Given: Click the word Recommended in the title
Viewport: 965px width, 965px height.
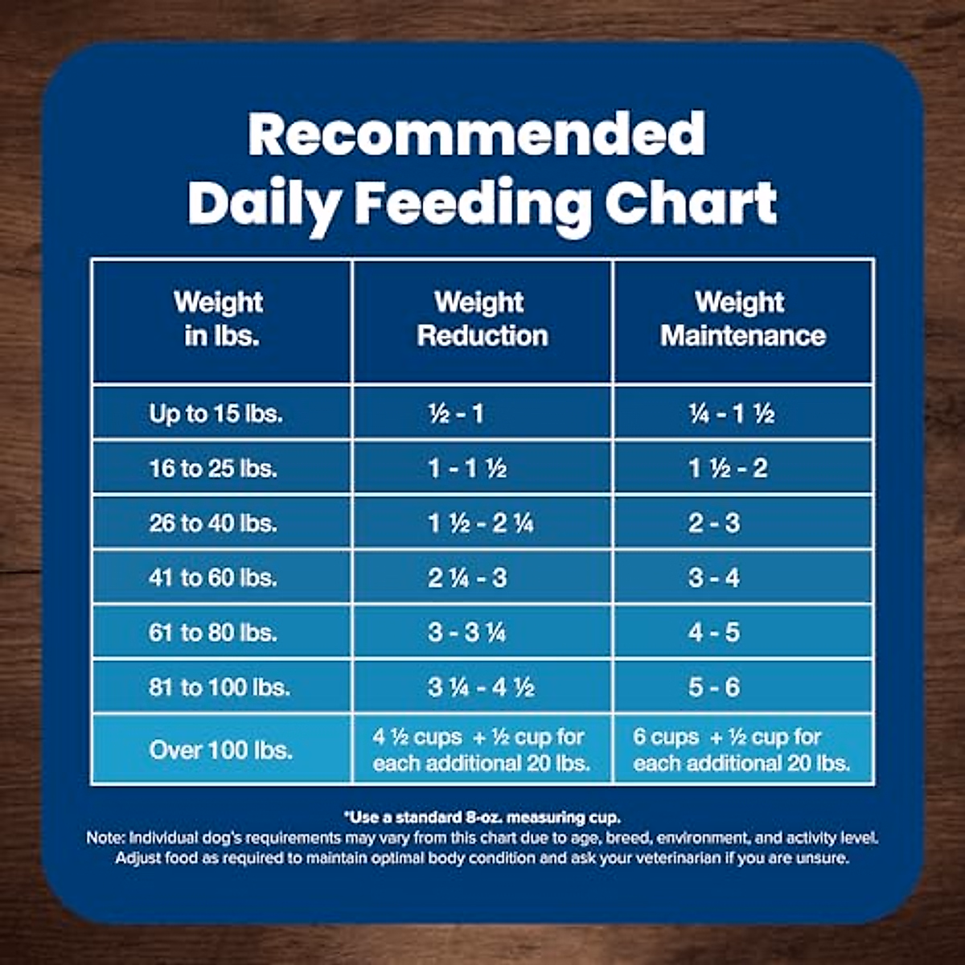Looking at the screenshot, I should coord(476,134).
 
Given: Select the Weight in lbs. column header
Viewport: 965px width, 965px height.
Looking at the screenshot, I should coord(219,319).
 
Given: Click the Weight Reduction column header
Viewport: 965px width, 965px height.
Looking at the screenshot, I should coord(482,319).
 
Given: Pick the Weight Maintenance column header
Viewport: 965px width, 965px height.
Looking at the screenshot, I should coord(742,319).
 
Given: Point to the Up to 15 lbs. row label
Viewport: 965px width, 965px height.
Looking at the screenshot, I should coord(216,414).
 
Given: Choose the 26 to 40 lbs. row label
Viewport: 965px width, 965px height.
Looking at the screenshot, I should coord(213,524).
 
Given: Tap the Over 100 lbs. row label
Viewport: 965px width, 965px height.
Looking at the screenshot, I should coord(220,750).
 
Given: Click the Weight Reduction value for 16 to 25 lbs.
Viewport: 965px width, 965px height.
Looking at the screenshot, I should coord(467,468).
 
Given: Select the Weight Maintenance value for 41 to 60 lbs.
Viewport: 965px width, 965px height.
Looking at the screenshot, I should coord(713,578).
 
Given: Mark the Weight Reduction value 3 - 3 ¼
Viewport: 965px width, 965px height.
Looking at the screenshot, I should coord(467,633).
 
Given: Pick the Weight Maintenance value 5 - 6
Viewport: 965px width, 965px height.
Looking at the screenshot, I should coord(713,688).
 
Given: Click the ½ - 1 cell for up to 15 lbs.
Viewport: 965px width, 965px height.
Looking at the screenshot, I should coord(456,414).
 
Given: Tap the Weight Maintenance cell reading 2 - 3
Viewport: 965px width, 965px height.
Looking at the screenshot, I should coord(713,524).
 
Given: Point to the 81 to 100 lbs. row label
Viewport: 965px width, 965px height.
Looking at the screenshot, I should coord(219,688).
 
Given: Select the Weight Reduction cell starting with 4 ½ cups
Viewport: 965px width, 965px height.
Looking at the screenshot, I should coord(481,750).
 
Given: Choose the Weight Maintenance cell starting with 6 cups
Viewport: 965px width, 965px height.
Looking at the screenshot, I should coord(741,750).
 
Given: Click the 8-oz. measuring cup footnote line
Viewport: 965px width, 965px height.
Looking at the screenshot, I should coord(482,818).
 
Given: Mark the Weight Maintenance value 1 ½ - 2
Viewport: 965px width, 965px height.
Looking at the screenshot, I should coord(728,468).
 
